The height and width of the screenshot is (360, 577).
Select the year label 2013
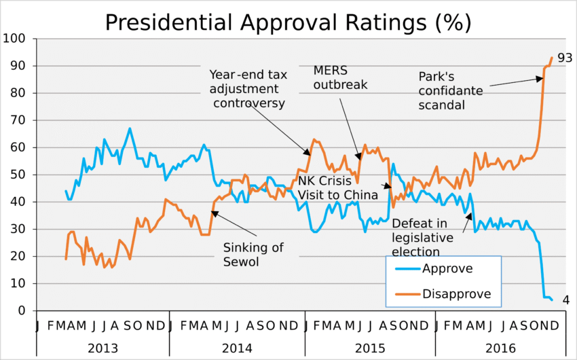coord(103,348)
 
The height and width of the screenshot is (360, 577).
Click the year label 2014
coord(236,348)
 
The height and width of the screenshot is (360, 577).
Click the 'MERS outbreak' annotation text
coord(340,77)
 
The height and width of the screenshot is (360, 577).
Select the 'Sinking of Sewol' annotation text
coord(253,255)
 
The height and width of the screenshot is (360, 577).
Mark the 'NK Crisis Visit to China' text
coord(337,188)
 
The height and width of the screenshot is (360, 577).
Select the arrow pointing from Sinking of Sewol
coord(235,226)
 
